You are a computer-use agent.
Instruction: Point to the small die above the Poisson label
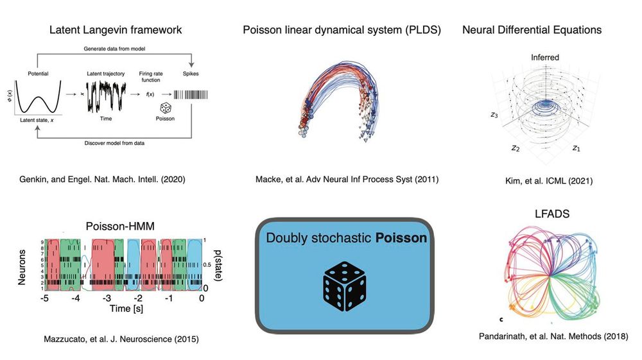tap(166, 108)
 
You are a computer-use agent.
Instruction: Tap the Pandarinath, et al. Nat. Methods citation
tap(553, 336)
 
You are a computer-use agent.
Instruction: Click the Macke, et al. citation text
tap(345, 180)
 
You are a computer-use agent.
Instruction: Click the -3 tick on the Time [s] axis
tap(107, 298)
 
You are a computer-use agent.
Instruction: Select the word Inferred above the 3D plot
tap(544, 58)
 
